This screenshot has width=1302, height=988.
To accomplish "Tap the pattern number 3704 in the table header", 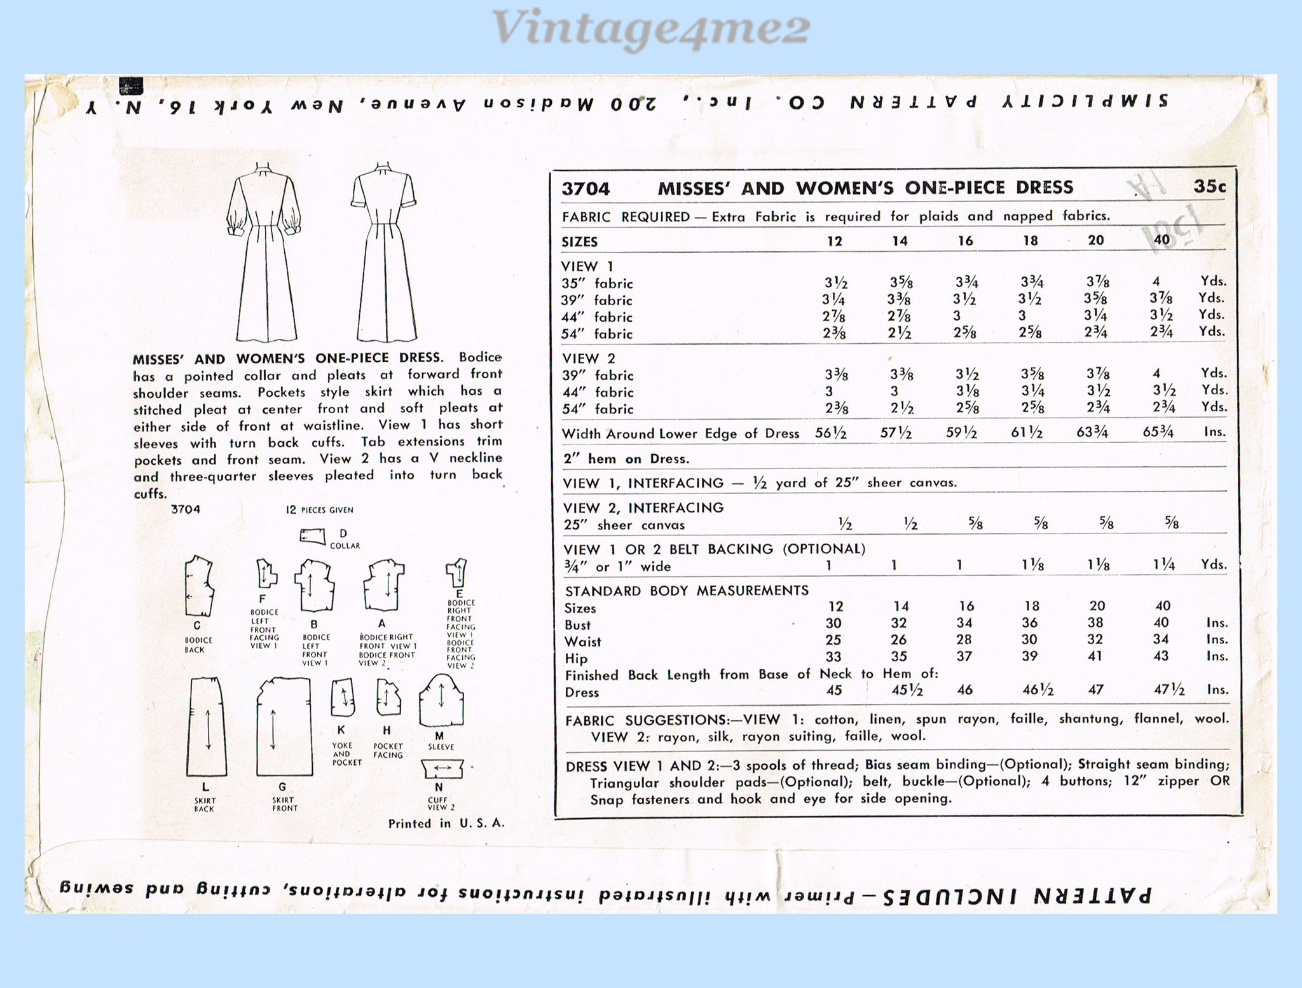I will (x=586, y=189).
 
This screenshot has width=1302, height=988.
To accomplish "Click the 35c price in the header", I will (x=1209, y=186).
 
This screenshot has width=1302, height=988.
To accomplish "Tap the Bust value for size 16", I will (x=964, y=624).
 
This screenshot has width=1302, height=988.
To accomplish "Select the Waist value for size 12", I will (x=833, y=640).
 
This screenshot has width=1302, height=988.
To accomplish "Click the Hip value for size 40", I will (x=1161, y=657).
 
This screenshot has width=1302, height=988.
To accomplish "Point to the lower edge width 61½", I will (x=1027, y=434).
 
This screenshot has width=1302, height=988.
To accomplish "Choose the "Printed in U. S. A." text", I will (x=446, y=823).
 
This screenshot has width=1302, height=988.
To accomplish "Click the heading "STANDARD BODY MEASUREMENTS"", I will (x=686, y=591).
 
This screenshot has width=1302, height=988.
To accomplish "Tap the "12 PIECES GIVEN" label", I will (x=319, y=510).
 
